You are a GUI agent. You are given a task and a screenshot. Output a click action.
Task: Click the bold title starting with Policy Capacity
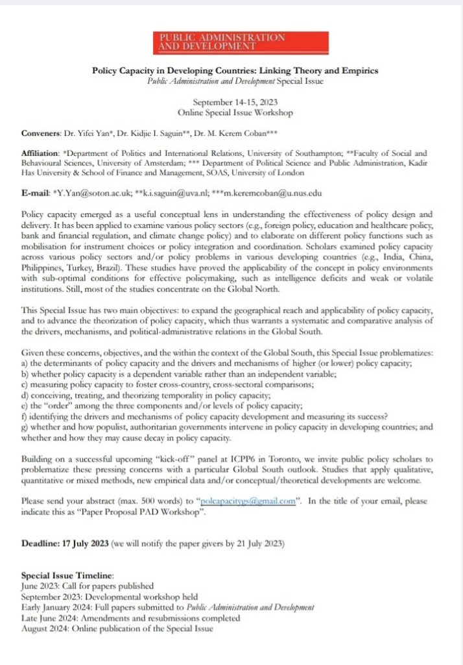pos(235,71)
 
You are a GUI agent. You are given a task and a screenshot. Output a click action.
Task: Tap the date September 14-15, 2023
pos(235,102)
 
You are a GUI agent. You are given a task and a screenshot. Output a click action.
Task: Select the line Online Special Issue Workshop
pos(235,112)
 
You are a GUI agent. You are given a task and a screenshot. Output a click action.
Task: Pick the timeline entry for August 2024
pos(117,629)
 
